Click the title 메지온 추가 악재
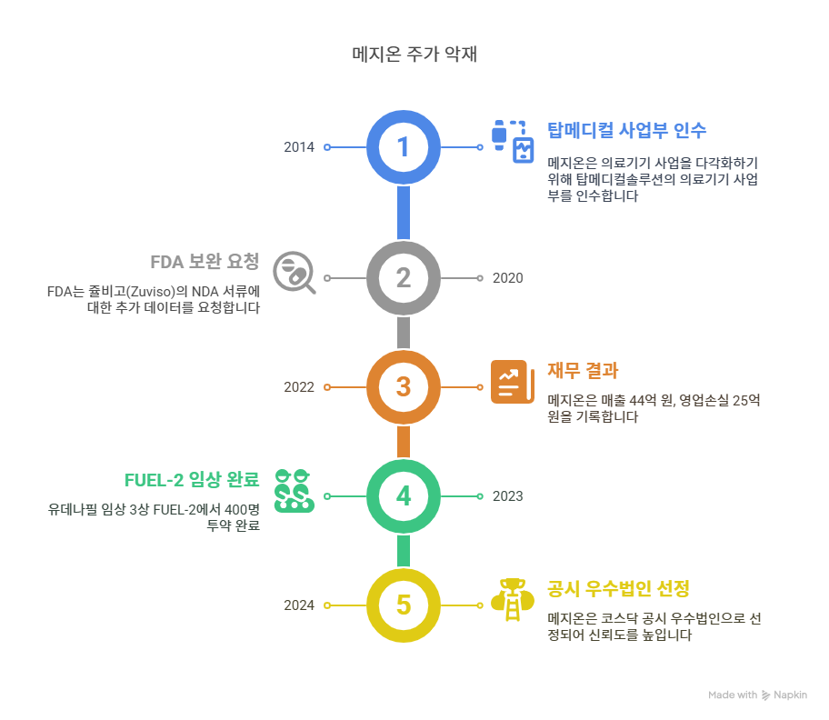coord(414,55)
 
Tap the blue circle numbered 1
coord(404,147)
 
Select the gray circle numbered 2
coord(404,278)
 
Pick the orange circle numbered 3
coord(404,387)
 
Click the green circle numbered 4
coord(404,496)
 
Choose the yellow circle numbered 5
coord(404,605)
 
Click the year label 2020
coord(507,278)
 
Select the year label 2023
coord(507,496)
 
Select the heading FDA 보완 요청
coord(205,262)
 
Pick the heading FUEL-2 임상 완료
coord(192,479)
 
